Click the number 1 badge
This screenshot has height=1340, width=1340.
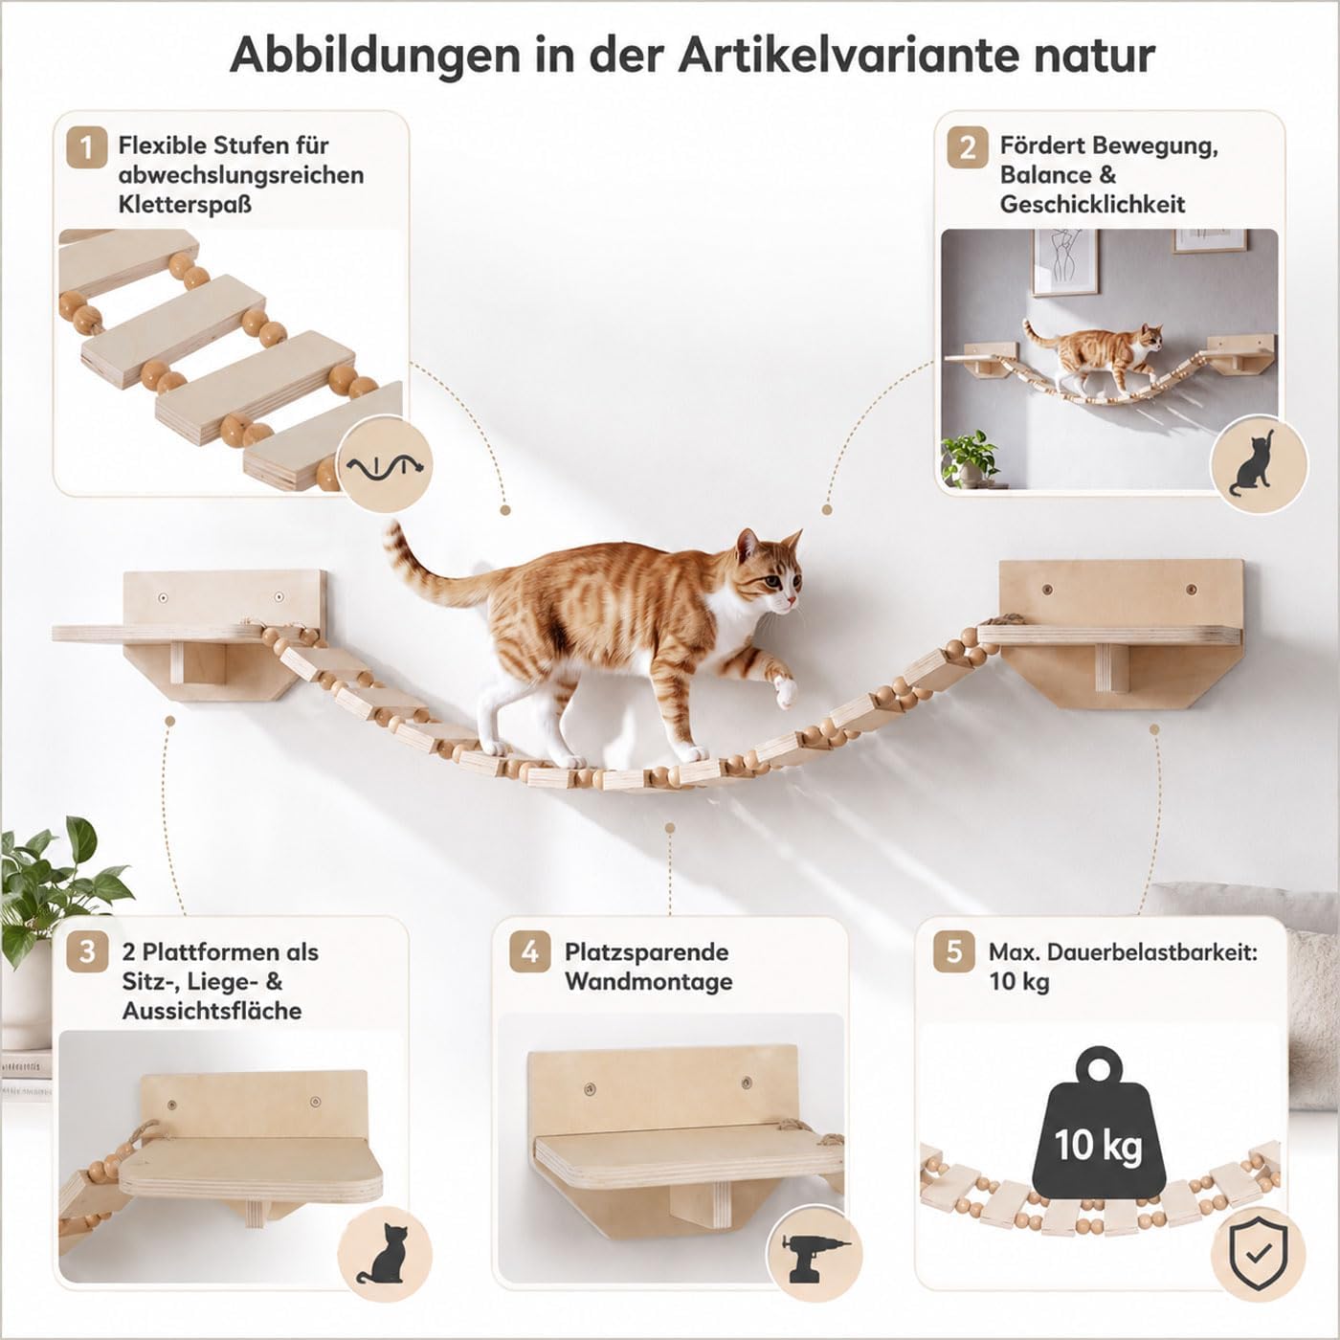[x=87, y=147]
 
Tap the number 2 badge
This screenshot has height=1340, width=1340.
[x=968, y=147]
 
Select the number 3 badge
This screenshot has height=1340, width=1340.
[x=87, y=951]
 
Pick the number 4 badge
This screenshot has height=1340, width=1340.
[x=530, y=951]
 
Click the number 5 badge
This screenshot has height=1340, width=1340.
[x=954, y=951]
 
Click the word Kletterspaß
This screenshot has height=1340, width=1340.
[x=185, y=205]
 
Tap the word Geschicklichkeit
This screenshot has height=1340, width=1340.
[x=1092, y=205]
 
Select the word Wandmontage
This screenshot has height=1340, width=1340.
[x=649, y=981]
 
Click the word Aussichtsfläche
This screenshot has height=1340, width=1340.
[x=212, y=1011]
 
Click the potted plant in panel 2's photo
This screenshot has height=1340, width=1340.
[x=969, y=458]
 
